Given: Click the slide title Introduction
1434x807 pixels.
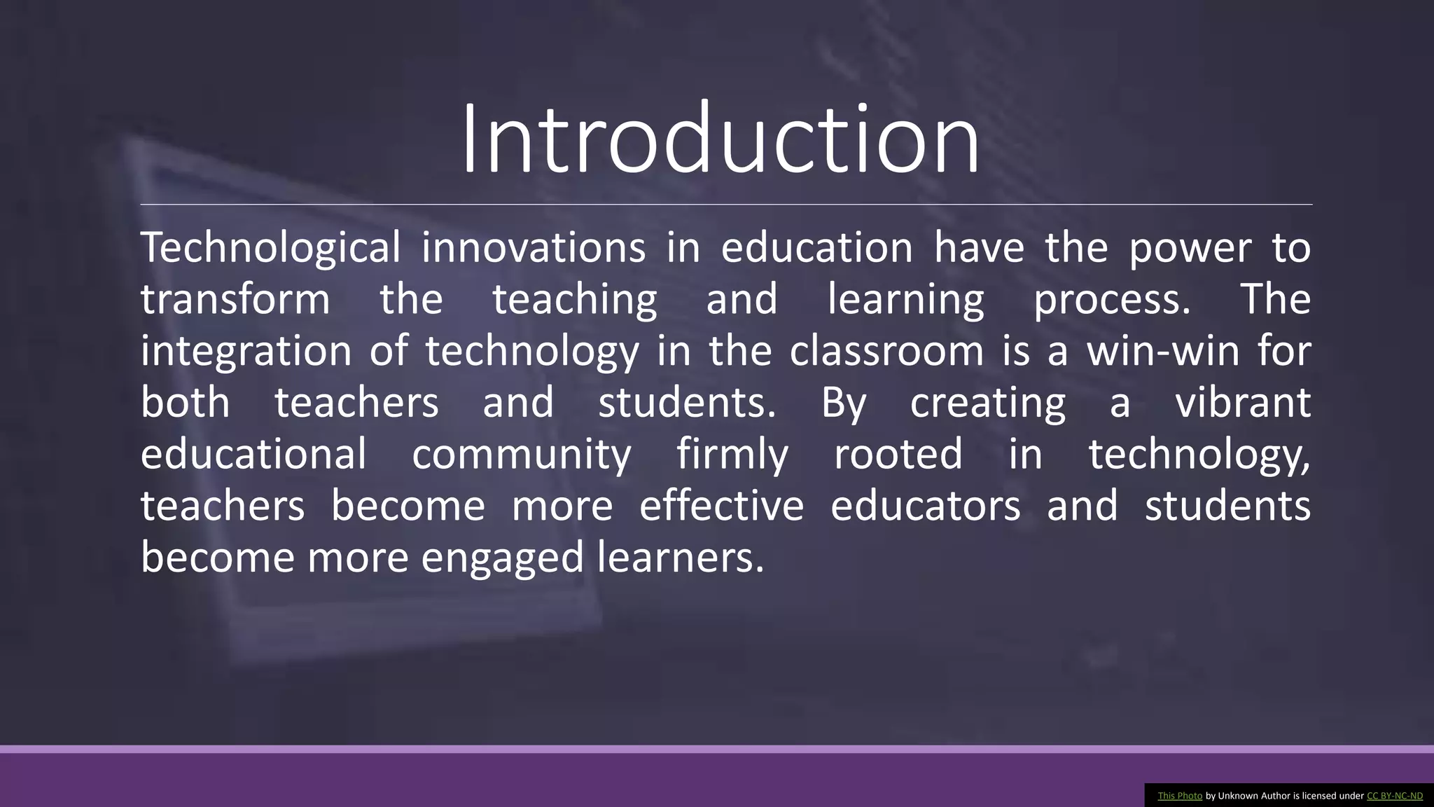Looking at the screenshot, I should pos(720,139).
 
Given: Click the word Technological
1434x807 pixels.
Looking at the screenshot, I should pos(270,247).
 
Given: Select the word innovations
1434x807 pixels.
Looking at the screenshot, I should pos(533,247).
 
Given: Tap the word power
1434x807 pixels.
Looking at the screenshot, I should pos(1190,249).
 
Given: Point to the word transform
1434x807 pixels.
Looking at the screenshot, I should pos(235,299).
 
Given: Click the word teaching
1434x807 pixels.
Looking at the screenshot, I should pos(575,300).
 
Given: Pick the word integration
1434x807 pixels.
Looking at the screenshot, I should pos(246,351).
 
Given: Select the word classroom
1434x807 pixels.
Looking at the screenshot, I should pos(886,350).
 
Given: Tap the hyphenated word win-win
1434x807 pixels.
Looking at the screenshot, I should pos(1163,350).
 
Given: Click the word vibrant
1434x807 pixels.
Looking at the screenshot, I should pos(1243,402).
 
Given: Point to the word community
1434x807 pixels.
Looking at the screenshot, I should pos(522,454).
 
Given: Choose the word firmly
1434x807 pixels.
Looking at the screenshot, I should pos(732,454).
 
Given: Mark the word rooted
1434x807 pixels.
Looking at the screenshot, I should pos(898,453).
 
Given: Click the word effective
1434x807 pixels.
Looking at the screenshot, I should pos(721,505).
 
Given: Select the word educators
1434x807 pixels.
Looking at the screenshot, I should pos(926,505).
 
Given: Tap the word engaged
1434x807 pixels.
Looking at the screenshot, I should pos(502,558).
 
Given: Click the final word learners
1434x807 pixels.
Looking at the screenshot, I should pos(680,557).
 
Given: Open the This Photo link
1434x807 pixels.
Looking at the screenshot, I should pos(1180,796).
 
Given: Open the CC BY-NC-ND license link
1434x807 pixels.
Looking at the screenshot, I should pos(1394,796).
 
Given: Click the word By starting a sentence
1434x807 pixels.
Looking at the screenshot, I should pos(844,403).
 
